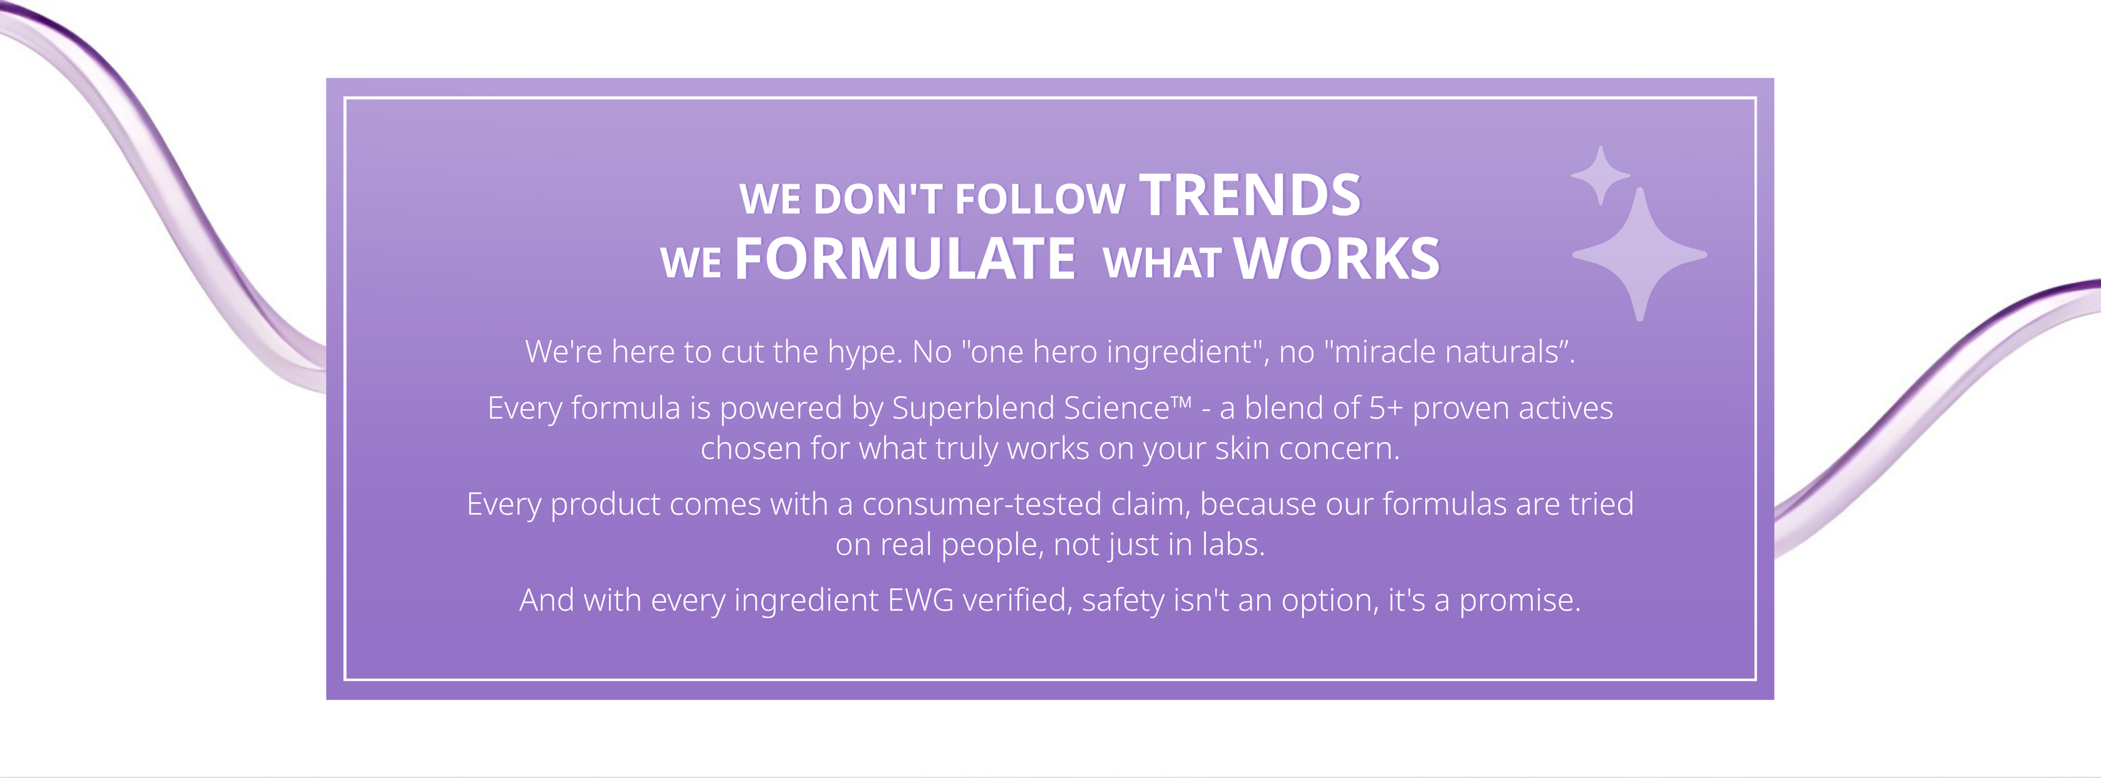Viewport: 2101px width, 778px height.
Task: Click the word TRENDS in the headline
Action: [1250, 196]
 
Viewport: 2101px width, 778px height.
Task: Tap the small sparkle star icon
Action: [1600, 175]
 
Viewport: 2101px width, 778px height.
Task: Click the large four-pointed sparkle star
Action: [1639, 254]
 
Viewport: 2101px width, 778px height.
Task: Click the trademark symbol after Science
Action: [1182, 402]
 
